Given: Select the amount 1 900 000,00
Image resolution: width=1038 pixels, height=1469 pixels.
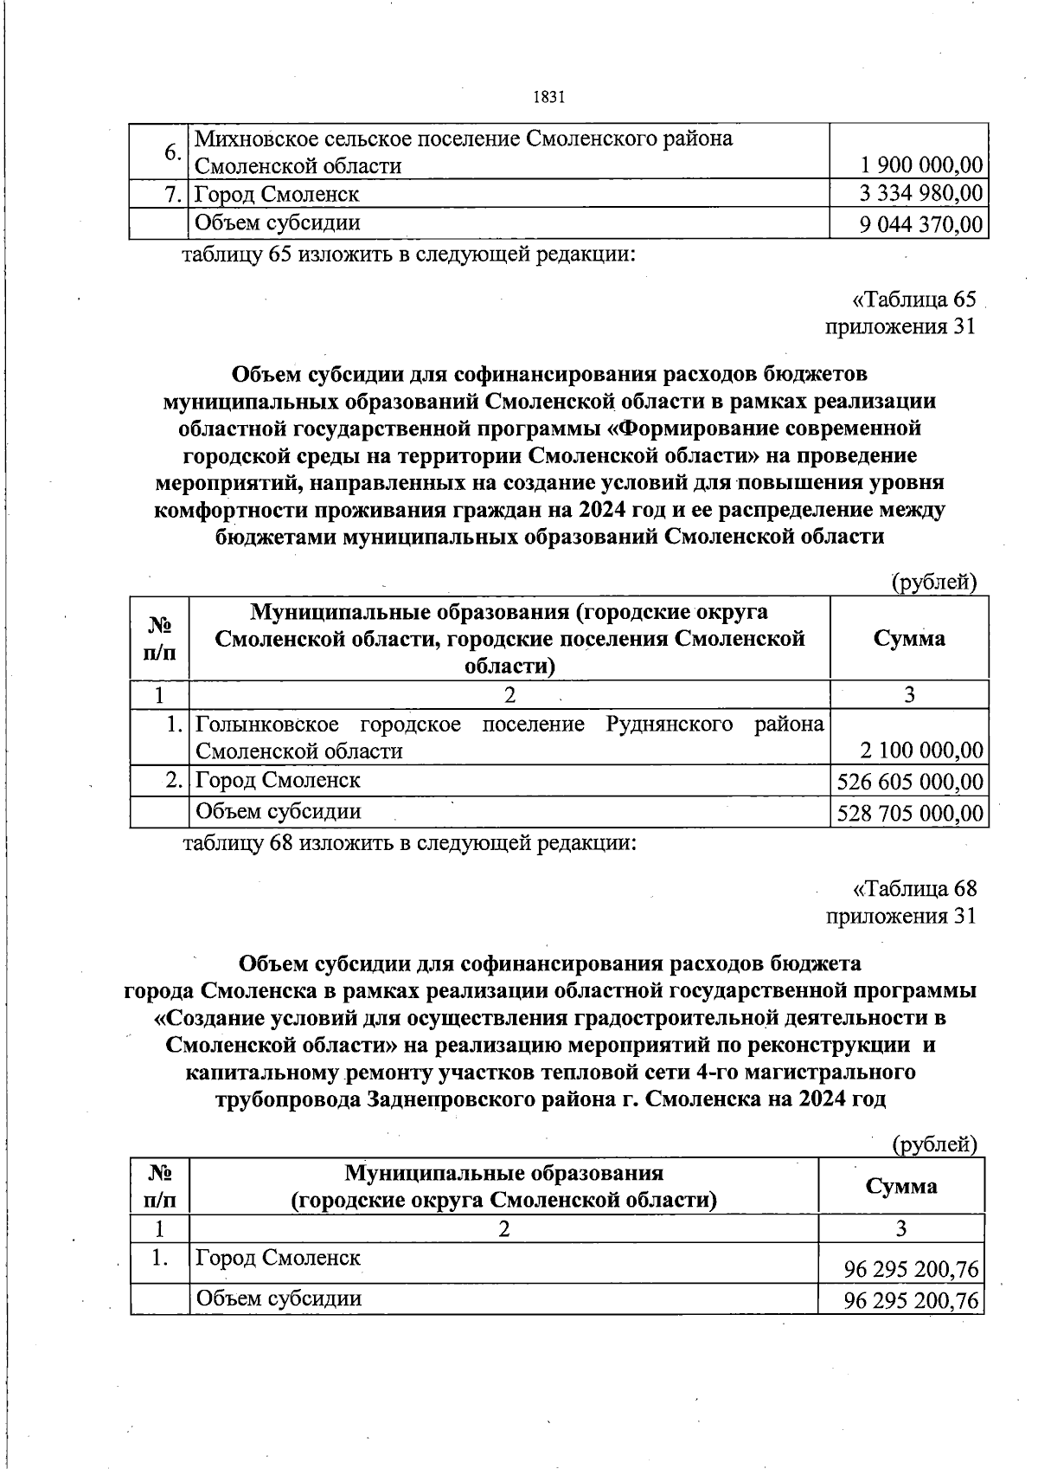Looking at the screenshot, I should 921,164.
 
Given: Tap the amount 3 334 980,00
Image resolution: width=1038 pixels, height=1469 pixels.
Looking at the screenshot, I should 921,193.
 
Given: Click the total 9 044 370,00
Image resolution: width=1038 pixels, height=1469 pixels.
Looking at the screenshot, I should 921,224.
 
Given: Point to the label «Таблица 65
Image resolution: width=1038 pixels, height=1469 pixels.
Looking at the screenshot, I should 914,300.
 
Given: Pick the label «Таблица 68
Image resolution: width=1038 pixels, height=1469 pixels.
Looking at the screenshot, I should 914,888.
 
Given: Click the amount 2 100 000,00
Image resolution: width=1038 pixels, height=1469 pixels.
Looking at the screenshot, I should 922,750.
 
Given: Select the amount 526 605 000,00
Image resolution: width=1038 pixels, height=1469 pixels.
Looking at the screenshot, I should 910,782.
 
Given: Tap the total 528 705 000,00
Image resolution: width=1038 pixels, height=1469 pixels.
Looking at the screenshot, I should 910,813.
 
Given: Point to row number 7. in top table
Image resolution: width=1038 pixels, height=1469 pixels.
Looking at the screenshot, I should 174,193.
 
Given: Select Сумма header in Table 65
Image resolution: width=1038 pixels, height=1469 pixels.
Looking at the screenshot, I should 908,639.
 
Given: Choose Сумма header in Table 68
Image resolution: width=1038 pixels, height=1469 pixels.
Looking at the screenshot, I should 901,1185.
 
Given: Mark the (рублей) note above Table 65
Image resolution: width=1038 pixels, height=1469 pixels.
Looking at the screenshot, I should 934,583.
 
